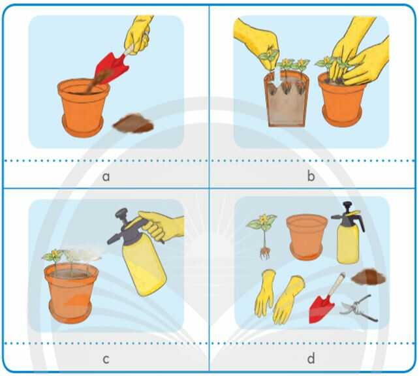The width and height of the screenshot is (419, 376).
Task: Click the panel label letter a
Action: point(106,177)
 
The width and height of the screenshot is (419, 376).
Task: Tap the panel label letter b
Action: point(311,176)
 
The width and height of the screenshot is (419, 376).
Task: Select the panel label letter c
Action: point(106,360)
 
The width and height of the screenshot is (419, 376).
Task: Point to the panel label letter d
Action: point(311,358)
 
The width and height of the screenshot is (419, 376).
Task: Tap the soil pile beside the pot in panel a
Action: point(133,123)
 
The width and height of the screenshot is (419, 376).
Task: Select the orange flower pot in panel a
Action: point(83,108)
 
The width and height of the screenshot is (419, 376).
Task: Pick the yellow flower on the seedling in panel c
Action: point(55,253)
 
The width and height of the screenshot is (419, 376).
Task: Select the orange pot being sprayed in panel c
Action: point(71,292)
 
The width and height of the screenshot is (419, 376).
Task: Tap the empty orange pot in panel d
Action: point(307,237)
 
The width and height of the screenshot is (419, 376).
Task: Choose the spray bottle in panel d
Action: point(348,233)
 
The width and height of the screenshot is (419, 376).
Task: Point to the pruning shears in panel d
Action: point(359,308)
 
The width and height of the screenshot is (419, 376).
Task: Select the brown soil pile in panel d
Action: point(369,277)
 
